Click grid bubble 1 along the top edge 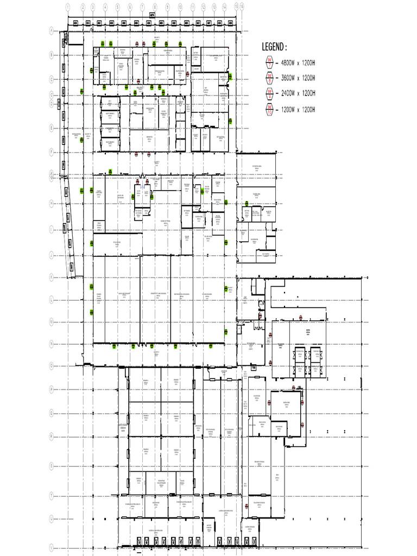[68, 7]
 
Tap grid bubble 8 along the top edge [155, 7]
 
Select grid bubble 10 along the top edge [180, 7]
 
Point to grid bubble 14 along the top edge [224, 7]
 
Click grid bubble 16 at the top [242, 5]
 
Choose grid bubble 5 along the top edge [118, 7]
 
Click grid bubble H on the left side [51, 203]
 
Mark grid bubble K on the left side [51, 276]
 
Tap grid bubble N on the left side [51, 343]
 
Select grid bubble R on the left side [51, 435]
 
